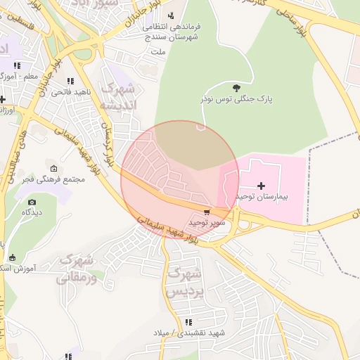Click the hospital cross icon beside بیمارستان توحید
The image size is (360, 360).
click(261, 186)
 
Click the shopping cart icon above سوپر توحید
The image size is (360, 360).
click(207, 212)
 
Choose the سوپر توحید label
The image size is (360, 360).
click(207, 222)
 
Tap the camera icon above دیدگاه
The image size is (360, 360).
click(32, 202)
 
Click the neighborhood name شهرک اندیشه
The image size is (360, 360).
click(121, 97)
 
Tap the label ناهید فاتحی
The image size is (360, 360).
click(69, 92)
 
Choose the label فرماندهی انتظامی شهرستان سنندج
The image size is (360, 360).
click(172, 33)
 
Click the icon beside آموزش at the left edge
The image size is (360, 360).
click(11, 257)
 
